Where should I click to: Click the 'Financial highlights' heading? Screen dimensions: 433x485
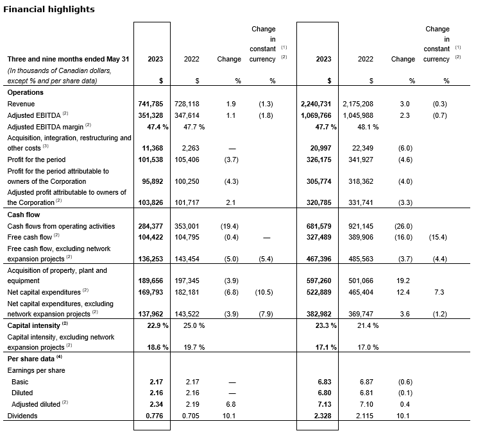50,9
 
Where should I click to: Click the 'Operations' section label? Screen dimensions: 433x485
25,92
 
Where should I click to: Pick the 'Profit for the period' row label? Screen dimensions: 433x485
36,159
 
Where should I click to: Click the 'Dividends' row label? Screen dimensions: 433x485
23,416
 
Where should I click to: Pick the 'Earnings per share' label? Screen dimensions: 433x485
35,370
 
